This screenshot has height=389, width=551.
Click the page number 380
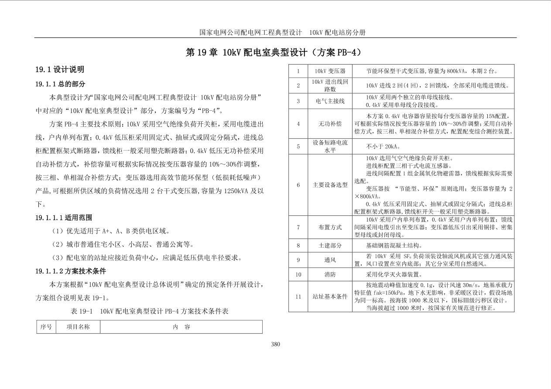click(x=275, y=344)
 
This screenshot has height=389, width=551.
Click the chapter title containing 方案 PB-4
click(x=274, y=52)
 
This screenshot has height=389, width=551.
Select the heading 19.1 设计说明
click(x=60, y=69)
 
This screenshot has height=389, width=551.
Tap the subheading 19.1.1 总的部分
click(x=60, y=84)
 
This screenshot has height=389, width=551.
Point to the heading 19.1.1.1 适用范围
click(x=64, y=218)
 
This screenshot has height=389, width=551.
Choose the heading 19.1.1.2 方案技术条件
click(x=71, y=271)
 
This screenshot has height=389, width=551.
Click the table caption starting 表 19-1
click(x=149, y=311)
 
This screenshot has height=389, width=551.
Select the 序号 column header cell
click(x=46, y=327)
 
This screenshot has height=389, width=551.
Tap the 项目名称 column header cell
click(x=78, y=327)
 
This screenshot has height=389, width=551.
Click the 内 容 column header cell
click(x=181, y=327)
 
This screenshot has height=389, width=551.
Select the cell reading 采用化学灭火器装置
click(x=394, y=274)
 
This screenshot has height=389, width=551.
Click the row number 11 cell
click(x=298, y=297)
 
